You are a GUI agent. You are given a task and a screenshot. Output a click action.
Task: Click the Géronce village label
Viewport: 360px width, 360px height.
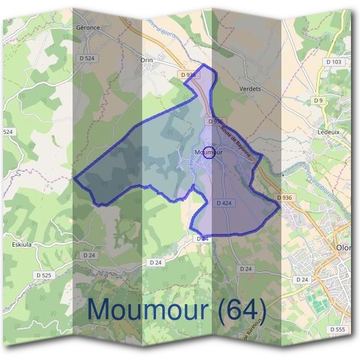(x=88, y=28)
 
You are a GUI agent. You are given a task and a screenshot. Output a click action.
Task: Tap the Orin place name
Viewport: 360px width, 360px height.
(x=146, y=60)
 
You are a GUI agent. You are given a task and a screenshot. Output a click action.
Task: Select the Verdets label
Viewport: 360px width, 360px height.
(x=250, y=89)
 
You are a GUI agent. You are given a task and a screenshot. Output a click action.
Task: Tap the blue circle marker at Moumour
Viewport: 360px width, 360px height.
(x=209, y=152)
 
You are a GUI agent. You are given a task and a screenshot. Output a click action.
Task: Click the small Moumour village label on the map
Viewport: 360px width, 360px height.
(x=208, y=152)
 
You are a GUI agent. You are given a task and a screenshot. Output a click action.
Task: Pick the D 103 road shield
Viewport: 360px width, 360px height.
(x=334, y=62)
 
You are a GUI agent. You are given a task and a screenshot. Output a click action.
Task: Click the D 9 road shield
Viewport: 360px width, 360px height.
(x=319, y=100)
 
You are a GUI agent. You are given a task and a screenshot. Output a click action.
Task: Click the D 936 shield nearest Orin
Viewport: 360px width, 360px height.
(x=188, y=74)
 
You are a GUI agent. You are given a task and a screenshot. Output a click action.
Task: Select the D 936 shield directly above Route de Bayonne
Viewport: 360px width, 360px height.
(x=215, y=121)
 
